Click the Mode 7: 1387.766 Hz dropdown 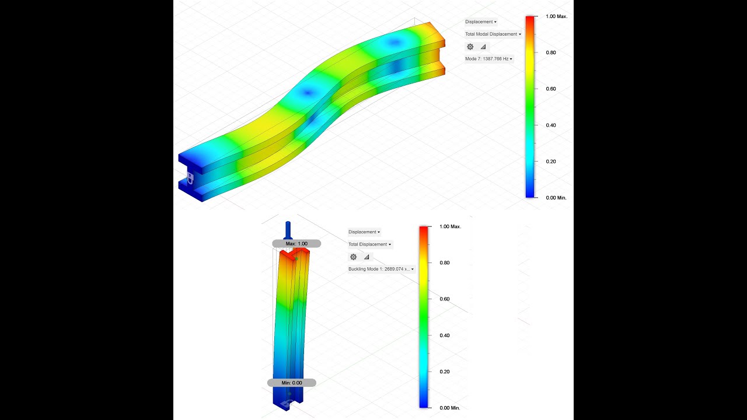[488, 59]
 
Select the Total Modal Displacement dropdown [493, 34]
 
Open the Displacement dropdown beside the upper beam [480, 22]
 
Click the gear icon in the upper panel [470, 47]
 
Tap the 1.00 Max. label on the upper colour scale [556, 16]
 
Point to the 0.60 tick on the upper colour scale [550, 89]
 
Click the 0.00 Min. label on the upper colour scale [556, 198]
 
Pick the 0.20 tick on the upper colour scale [550, 162]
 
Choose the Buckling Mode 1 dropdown [381, 269]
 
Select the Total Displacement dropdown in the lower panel [370, 244]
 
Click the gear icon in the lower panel [353, 257]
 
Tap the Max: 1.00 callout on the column [296, 243]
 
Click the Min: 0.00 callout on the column [292, 383]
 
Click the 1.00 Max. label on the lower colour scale [450, 226]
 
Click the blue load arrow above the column [287, 229]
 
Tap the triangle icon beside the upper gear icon [483, 47]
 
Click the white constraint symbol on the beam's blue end [189, 177]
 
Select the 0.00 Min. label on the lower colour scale [449, 408]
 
